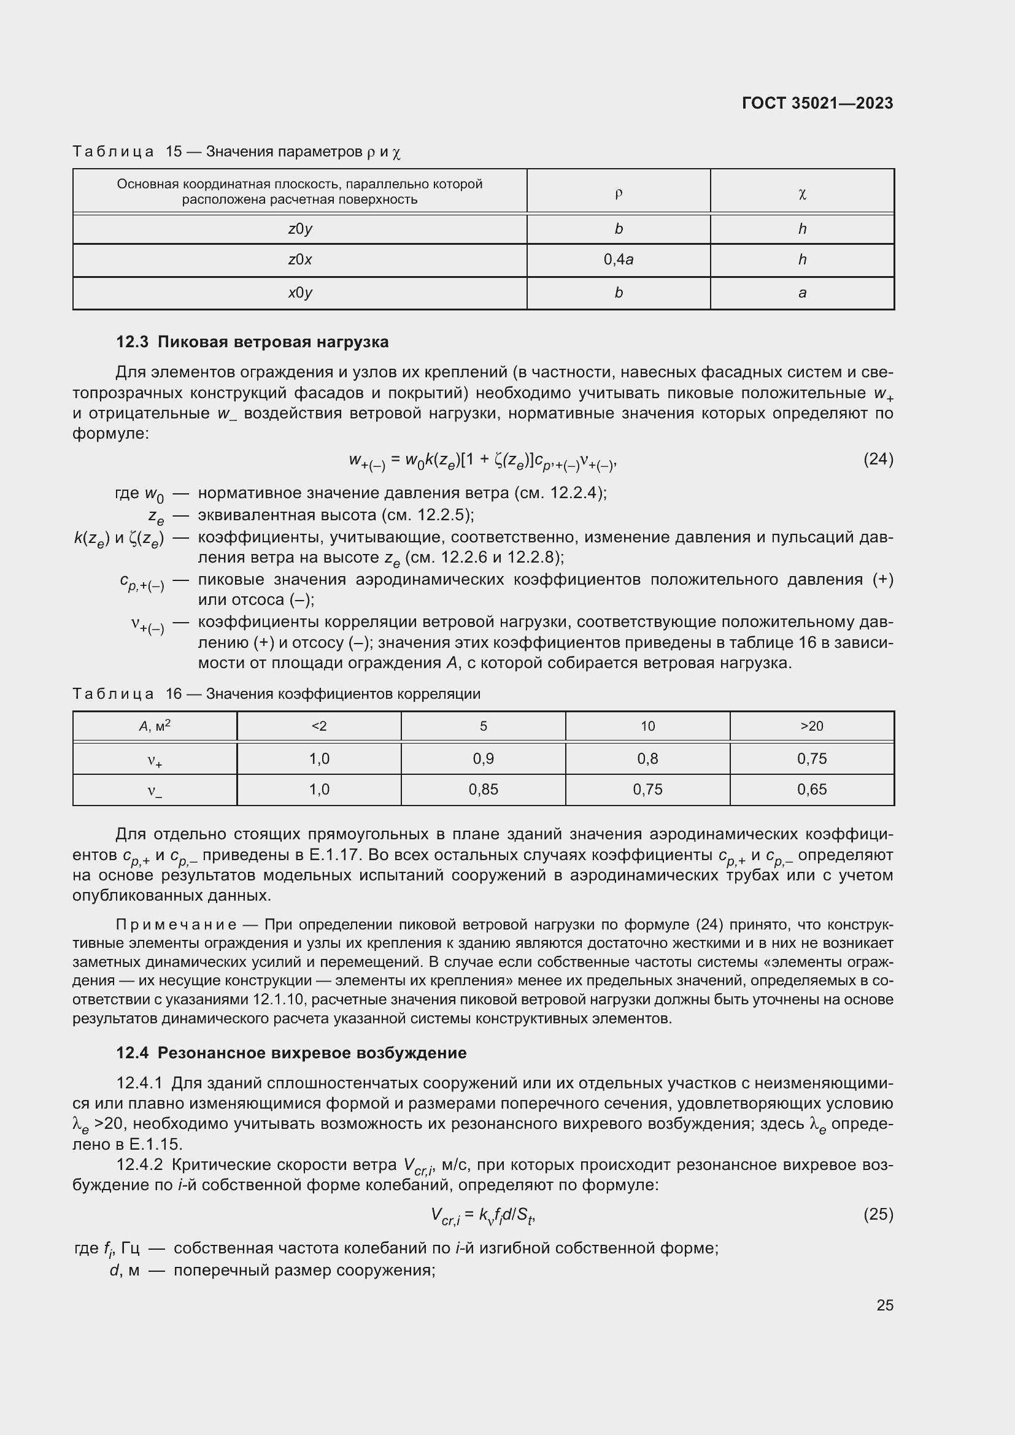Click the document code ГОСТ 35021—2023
[x=817, y=103]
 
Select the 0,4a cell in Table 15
[x=618, y=260]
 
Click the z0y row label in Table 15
[x=300, y=229]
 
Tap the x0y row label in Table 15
[x=300, y=293]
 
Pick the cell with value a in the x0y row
[x=802, y=293]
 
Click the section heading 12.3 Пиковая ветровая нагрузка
[x=252, y=342]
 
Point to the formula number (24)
[x=878, y=460]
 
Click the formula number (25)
[x=878, y=1214]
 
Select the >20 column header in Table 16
[x=811, y=726]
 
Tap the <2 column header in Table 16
[x=318, y=726]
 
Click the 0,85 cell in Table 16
[x=483, y=790]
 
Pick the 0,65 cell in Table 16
[x=811, y=790]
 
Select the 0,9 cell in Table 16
[x=483, y=758]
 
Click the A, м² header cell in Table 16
[x=155, y=726]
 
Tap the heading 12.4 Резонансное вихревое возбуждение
[x=291, y=1053]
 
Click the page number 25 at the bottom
[x=884, y=1305]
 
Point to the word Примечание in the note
[x=176, y=925]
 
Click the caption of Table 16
[x=276, y=694]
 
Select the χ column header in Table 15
[x=802, y=193]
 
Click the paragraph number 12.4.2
[x=139, y=1164]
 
